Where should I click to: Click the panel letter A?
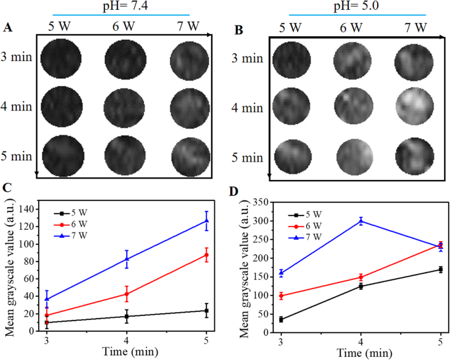tap(8, 27)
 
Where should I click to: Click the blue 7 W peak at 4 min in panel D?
tap(361, 221)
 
